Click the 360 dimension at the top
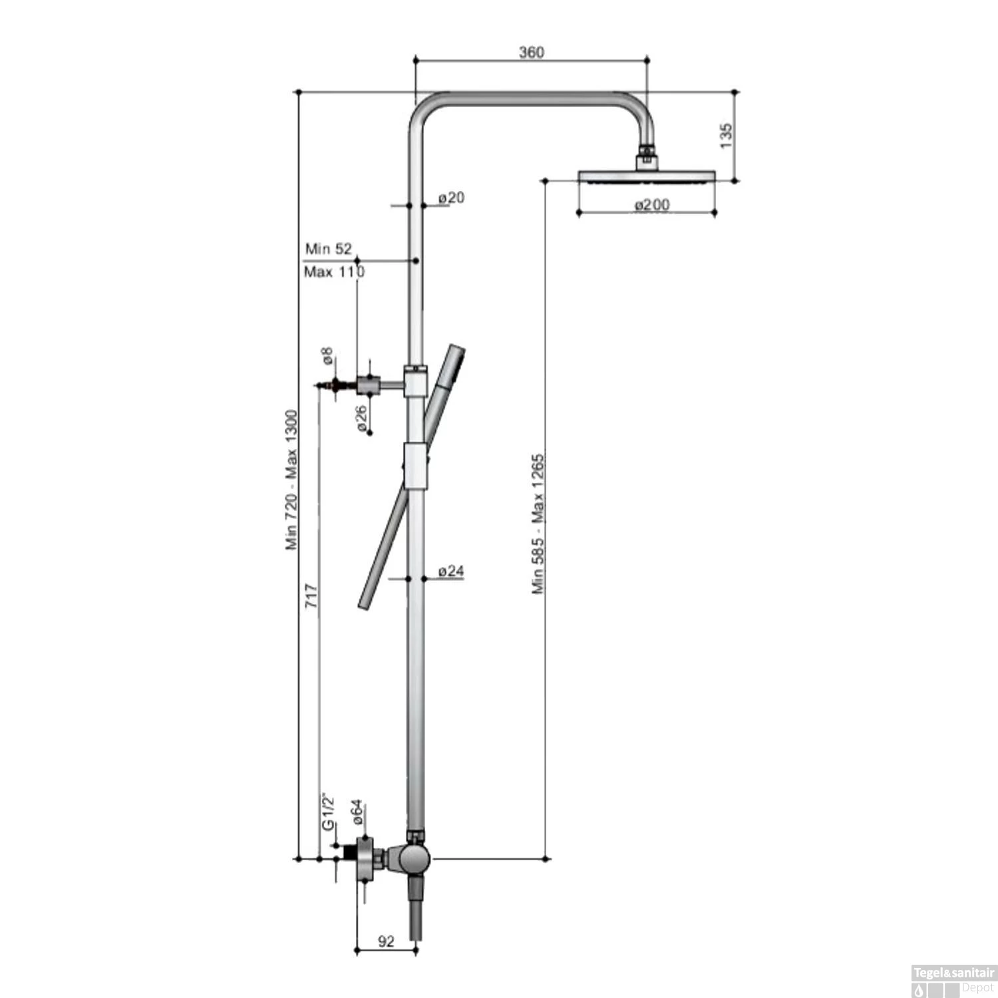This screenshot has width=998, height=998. (531, 53)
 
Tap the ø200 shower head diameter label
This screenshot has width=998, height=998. (651, 205)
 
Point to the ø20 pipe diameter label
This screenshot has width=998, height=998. (451, 198)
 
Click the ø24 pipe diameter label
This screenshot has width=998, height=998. (451, 571)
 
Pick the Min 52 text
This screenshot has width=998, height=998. (328, 249)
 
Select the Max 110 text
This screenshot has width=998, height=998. (333, 271)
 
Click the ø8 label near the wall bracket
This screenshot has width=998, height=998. (327, 356)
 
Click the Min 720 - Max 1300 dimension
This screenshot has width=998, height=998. (292, 479)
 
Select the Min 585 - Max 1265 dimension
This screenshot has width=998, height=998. (538, 524)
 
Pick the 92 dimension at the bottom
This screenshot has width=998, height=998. (386, 941)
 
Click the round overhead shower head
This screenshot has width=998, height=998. (647, 176)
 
